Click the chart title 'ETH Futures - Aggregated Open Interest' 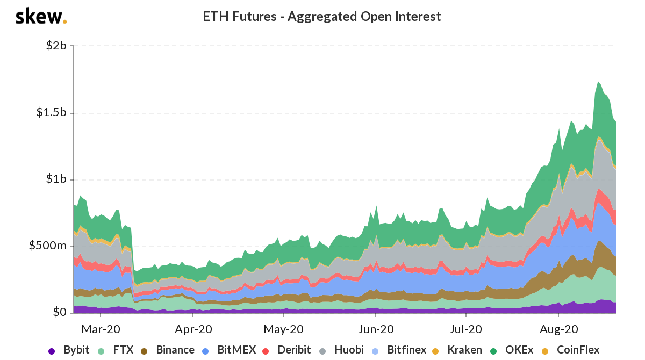[321, 17]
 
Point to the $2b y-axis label [55, 46]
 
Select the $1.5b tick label [51, 113]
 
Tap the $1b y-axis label [55, 179]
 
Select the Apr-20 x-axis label [193, 328]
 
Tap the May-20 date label [284, 328]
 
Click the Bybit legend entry [69, 350]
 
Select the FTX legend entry [117, 350]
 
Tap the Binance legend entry [168, 350]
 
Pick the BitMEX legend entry [230, 350]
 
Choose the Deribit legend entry [288, 350]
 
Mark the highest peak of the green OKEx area [598, 82]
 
